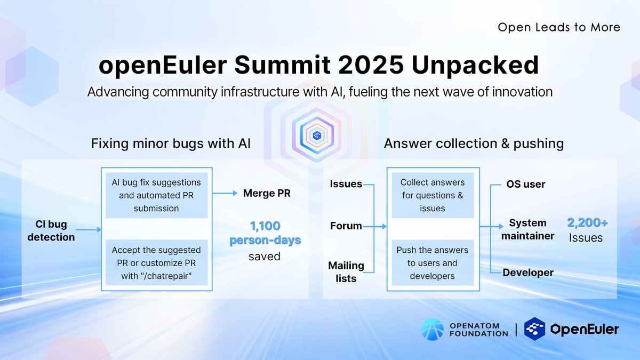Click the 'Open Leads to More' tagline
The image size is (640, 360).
point(559,27)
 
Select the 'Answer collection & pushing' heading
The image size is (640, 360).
point(474,143)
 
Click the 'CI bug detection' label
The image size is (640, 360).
point(51,230)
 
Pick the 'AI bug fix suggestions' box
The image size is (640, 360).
point(156,195)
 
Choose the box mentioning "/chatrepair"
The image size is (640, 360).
point(156,262)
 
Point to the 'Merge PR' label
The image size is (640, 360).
point(267,193)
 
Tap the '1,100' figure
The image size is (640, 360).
point(265,226)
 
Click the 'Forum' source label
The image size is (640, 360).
point(346,226)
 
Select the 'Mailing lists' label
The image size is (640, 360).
point(346,271)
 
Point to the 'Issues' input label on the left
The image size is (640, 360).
point(346,184)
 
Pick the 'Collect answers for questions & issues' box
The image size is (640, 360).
point(432,195)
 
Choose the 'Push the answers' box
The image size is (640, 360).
point(432,262)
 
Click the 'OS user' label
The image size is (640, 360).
point(525,185)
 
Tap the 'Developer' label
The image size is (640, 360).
point(528,273)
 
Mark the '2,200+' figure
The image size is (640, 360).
point(587,223)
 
